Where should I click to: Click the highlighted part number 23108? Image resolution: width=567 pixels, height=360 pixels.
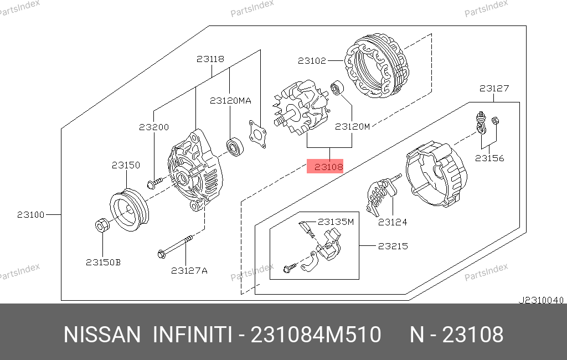(328, 167)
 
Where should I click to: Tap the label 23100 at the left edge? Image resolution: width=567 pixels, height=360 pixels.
(31, 214)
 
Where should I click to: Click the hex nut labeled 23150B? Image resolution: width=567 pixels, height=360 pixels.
(101, 225)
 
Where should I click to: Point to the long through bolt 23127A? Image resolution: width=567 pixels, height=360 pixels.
(175, 246)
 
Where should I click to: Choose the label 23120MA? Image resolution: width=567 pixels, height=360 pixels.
(230, 100)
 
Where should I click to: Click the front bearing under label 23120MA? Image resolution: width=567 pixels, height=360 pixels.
(235, 147)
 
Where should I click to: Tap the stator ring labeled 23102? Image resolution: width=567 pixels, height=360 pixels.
(377, 66)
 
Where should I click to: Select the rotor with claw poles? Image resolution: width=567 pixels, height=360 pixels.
(300, 107)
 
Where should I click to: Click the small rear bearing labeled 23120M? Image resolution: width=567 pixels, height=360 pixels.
(337, 88)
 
